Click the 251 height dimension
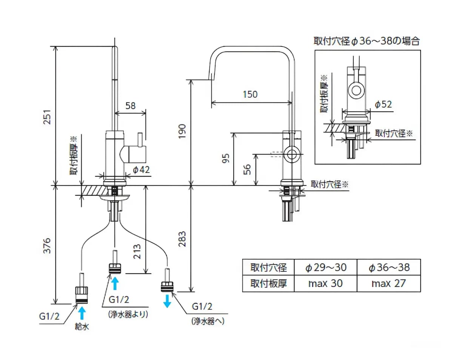click(x=48, y=117)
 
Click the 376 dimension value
click(x=47, y=246)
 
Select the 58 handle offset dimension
click(x=131, y=106)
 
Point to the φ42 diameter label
click(x=142, y=170)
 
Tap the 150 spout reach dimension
click(x=250, y=94)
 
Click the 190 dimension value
click(x=182, y=131)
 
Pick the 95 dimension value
click(x=226, y=158)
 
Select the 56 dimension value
click(x=247, y=170)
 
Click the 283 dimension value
click(x=182, y=239)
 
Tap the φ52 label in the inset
click(x=383, y=105)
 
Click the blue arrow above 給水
click(x=82, y=313)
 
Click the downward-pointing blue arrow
click(x=167, y=301)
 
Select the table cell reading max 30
click(x=325, y=283)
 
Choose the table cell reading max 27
click(x=388, y=283)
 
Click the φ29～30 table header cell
click(x=325, y=267)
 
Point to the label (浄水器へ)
click(x=208, y=321)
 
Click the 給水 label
click(x=82, y=327)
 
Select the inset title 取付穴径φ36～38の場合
click(x=367, y=41)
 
